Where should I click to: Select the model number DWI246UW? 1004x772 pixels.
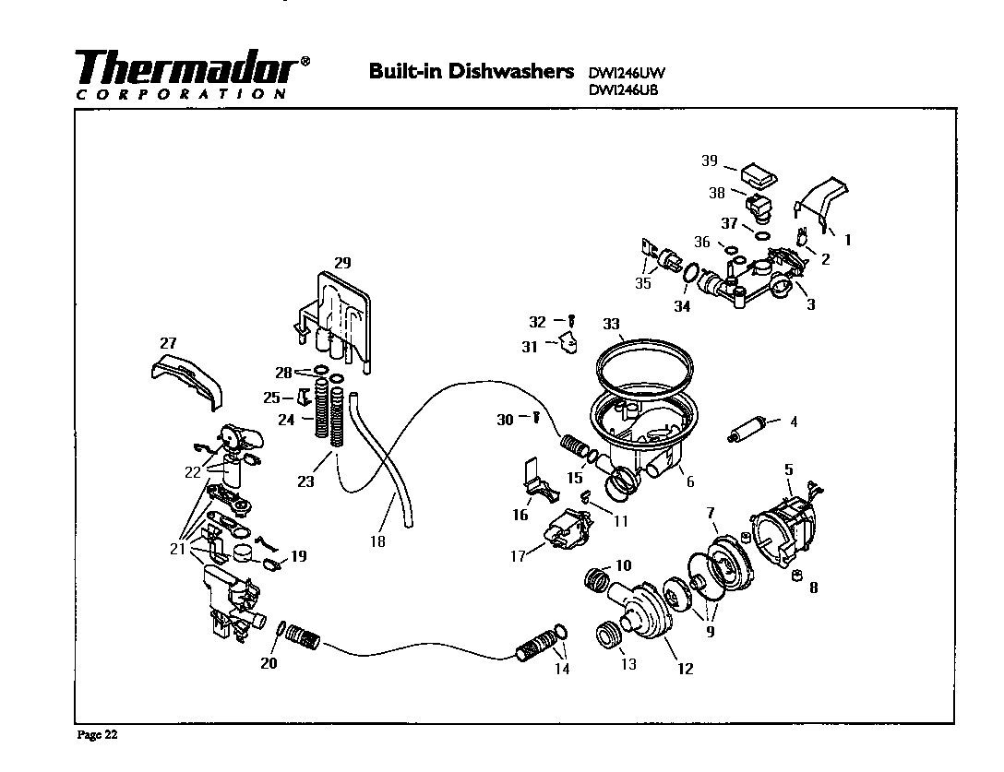[626, 73]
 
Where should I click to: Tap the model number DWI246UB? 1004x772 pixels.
[625, 89]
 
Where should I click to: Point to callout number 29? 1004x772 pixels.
[341, 263]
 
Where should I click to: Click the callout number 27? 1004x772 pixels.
[169, 342]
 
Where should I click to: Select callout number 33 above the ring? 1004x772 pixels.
[611, 324]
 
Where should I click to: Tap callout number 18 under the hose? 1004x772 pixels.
[377, 541]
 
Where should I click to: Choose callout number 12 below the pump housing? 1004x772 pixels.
[685, 669]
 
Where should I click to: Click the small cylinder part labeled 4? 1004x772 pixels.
[744, 431]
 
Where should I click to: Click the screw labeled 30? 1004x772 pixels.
[534, 418]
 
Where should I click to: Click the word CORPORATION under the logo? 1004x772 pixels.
[179, 93]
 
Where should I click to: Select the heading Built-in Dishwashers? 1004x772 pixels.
[471, 71]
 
